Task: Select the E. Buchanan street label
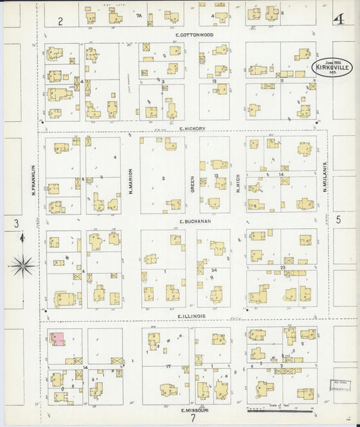click(x=195, y=221)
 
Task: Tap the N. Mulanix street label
click(x=325, y=177)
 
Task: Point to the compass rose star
click(x=22, y=266)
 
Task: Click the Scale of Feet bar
click(x=280, y=409)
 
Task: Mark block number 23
click(x=284, y=268)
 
